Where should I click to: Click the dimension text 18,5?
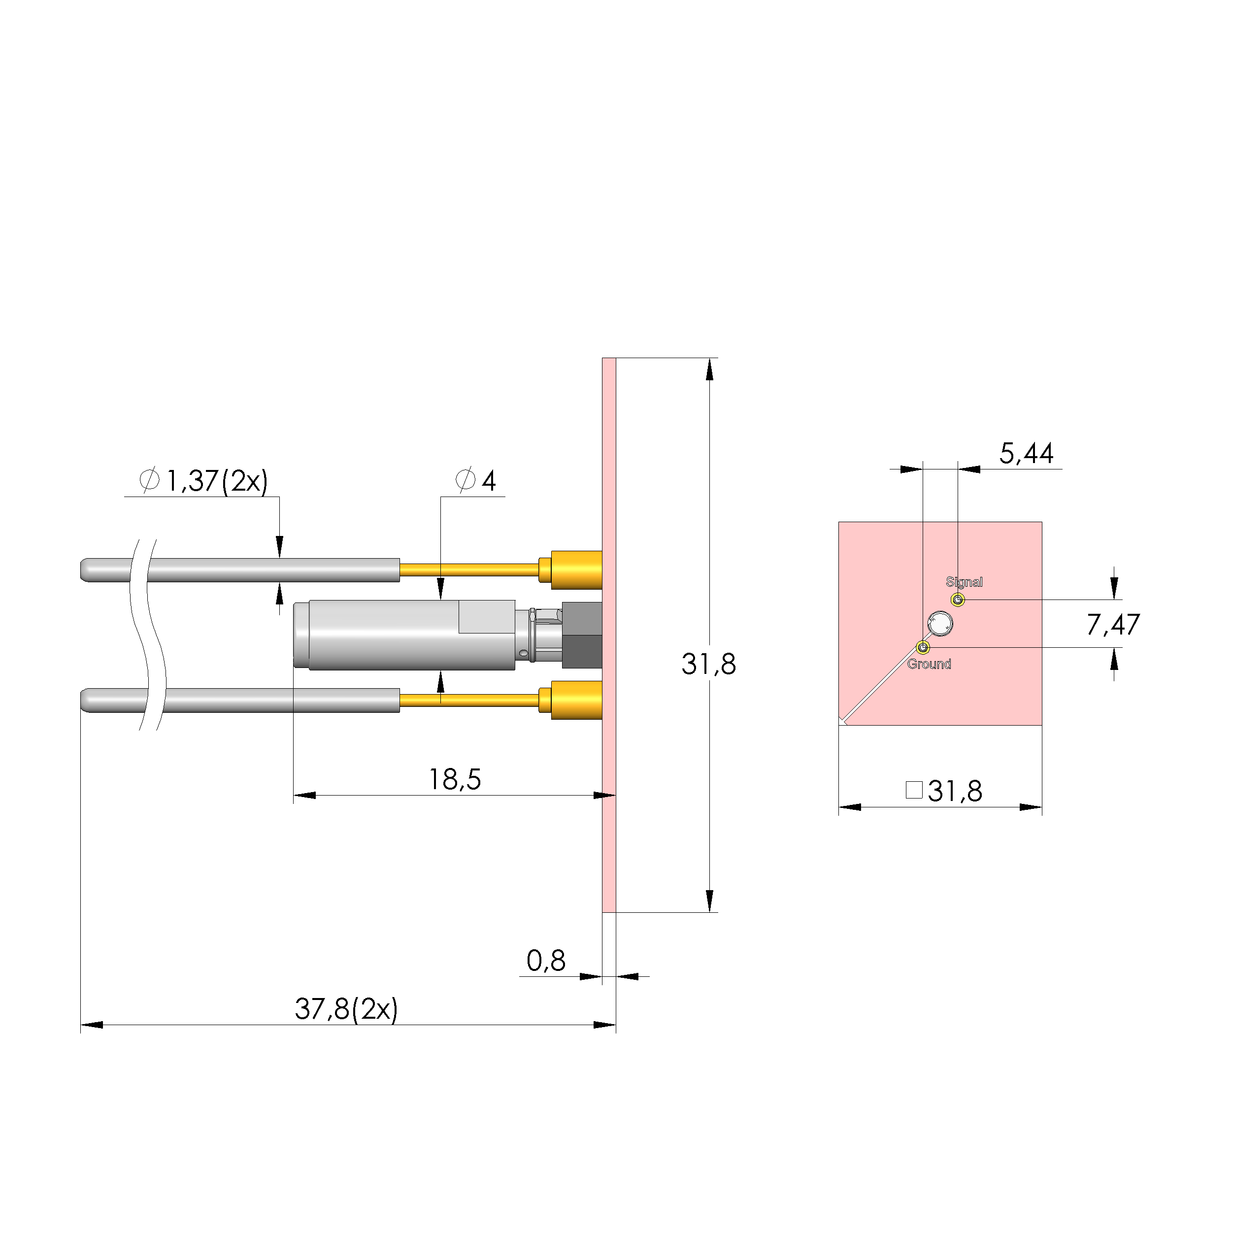[454, 779]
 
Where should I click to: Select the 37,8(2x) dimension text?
[346, 1009]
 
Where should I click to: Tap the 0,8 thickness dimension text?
[546, 961]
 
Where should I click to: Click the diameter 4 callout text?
[476, 481]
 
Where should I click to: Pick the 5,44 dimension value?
[1026, 454]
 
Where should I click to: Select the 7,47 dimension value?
[1112, 625]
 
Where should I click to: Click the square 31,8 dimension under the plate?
[944, 791]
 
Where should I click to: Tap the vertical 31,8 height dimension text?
[708, 665]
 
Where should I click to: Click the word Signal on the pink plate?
[964, 582]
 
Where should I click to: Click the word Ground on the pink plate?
[929, 665]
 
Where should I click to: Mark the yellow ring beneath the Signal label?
[958, 600]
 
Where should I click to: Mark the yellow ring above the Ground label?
[923, 648]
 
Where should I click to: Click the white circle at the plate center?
[940, 624]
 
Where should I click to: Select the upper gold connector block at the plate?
[576, 570]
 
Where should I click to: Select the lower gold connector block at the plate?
[576, 700]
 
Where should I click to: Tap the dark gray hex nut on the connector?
[581, 635]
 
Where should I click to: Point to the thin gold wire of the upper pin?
[469, 570]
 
